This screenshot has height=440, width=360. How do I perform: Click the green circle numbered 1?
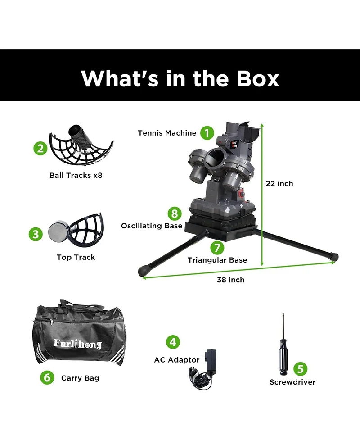click(207, 133)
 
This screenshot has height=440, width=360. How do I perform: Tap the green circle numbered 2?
click(40, 148)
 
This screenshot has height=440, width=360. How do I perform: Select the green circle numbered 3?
click(36, 234)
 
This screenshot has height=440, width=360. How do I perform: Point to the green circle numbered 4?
click(173, 341)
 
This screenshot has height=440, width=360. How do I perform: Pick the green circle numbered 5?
click(301, 369)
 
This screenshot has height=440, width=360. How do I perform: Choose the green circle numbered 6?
click(47, 377)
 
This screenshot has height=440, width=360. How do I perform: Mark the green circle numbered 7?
click(217, 247)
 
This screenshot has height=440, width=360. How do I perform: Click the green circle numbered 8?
click(174, 213)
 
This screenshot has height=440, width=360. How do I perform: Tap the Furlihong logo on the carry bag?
click(77, 344)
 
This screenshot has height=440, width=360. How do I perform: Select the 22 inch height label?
click(279, 183)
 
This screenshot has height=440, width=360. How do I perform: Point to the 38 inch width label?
click(231, 280)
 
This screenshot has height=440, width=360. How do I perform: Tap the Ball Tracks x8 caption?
click(76, 175)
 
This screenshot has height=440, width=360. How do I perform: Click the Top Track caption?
click(76, 257)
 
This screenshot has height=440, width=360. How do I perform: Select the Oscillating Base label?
click(152, 226)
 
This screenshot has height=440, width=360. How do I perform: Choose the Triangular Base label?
click(217, 260)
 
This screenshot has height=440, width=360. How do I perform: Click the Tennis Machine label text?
click(167, 133)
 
